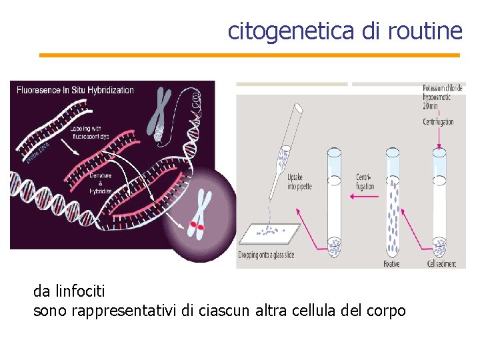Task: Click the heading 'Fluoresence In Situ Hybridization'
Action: pyautogui.click(x=76, y=90)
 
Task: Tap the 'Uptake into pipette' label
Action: pyautogui.click(x=299, y=182)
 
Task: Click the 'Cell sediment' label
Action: pyautogui.click(x=441, y=263)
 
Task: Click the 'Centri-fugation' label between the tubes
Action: pyautogui.click(x=365, y=182)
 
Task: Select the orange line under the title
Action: pyautogui.click(x=249, y=55)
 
